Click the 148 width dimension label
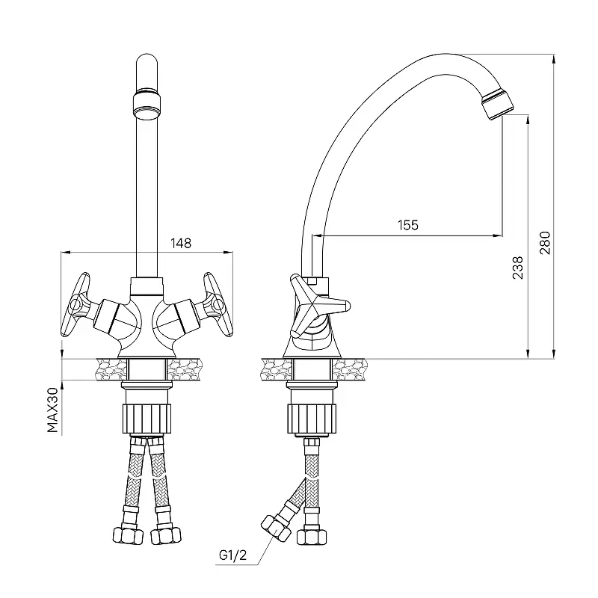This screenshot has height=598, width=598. coord(181,244)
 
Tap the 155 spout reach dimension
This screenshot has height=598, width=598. coord(408,225)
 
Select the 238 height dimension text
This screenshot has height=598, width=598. coord(517,268)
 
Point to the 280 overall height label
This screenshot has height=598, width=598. coord(545,243)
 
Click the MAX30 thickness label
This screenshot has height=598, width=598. coord(52,410)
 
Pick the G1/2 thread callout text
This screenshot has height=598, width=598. coord(232,555)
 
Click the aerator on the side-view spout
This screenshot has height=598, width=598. coord(498,104)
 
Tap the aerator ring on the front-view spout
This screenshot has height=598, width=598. coord(147,104)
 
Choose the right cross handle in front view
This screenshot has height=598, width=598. coord(217,304)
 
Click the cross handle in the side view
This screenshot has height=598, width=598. coord(319,306)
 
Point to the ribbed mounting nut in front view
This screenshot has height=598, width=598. coord(147,419)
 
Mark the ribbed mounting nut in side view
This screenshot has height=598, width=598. coord(312,419)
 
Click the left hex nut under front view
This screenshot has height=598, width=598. coord(128,535)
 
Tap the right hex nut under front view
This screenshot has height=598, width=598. coord(165,535)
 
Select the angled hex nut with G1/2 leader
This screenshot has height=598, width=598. coord(275,528)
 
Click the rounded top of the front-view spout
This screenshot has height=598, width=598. coord(147,61)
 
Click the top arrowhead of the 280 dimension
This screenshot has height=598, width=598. coord(553,58)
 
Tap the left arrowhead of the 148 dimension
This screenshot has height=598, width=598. coord(66,252)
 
